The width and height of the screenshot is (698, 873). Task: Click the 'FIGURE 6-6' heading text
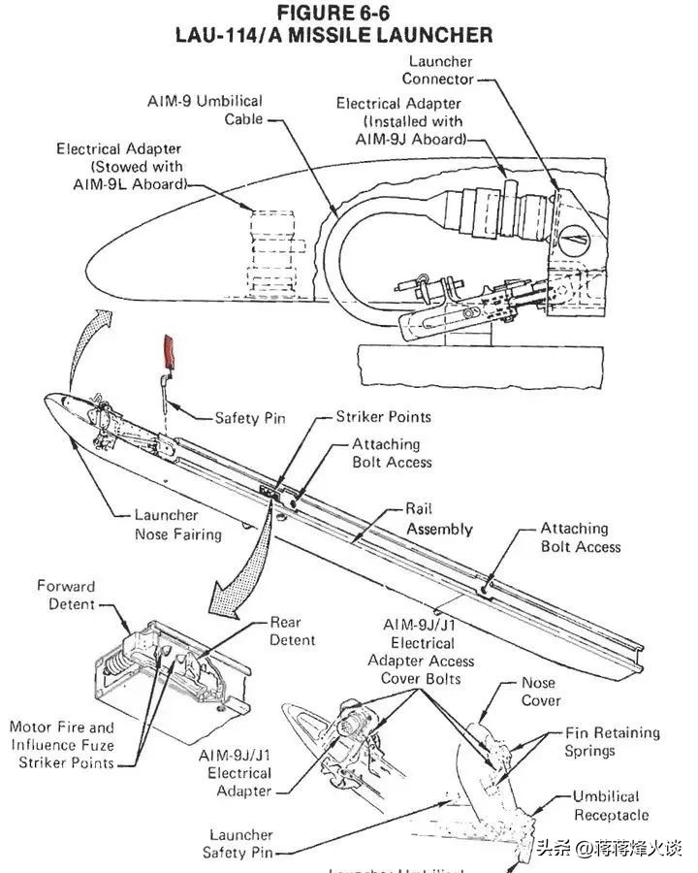coord(333,14)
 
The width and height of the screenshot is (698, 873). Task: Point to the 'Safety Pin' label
coord(250,418)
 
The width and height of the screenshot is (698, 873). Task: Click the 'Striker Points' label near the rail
coord(383,417)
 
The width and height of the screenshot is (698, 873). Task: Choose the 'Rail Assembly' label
coord(439,519)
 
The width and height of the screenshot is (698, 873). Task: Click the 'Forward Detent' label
coord(66,595)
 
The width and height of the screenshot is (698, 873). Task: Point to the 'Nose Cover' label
coord(541,692)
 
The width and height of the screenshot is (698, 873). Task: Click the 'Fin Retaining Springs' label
coord(612,742)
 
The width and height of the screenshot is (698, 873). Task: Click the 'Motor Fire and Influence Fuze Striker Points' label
coord(62,744)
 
